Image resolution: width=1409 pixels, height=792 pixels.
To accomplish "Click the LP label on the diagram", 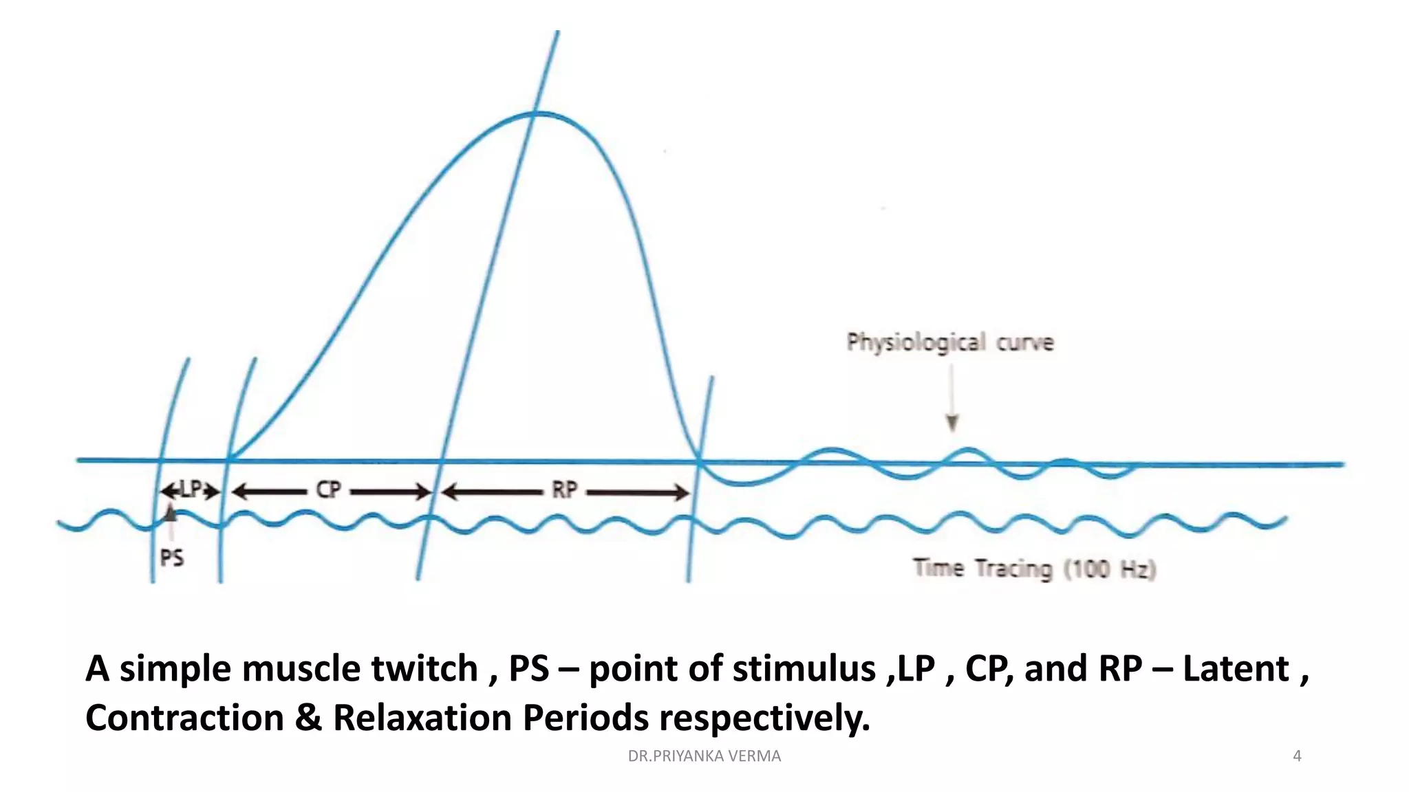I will pyautogui.click(x=191, y=489).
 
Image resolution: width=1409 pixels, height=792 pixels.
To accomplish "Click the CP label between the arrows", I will pyautogui.click(x=328, y=490).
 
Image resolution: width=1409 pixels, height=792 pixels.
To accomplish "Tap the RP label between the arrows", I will pyautogui.click(x=564, y=490).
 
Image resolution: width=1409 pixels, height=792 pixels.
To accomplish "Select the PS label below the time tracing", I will pyautogui.click(x=172, y=557).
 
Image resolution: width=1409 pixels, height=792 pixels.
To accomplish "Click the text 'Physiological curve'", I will pyautogui.click(x=949, y=342).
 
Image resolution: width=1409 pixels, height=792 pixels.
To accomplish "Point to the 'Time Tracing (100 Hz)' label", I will pyautogui.click(x=1034, y=569).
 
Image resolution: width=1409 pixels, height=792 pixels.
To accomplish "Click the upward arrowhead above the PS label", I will pyautogui.click(x=170, y=512).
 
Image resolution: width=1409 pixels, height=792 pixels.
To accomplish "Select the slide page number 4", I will pyautogui.click(x=1297, y=756).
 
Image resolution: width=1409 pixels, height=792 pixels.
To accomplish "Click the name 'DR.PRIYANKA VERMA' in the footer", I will pyautogui.click(x=704, y=756).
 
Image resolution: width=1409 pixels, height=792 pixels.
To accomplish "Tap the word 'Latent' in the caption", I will pyautogui.click(x=1236, y=668).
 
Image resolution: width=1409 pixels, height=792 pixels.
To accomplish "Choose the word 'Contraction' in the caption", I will pyautogui.click(x=184, y=718).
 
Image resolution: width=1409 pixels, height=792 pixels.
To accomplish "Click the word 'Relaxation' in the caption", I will pyautogui.click(x=422, y=718).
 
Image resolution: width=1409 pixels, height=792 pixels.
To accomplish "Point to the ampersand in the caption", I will pyautogui.click(x=308, y=718).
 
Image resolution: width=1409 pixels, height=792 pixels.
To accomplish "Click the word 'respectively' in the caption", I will pyautogui.click(x=764, y=719).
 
